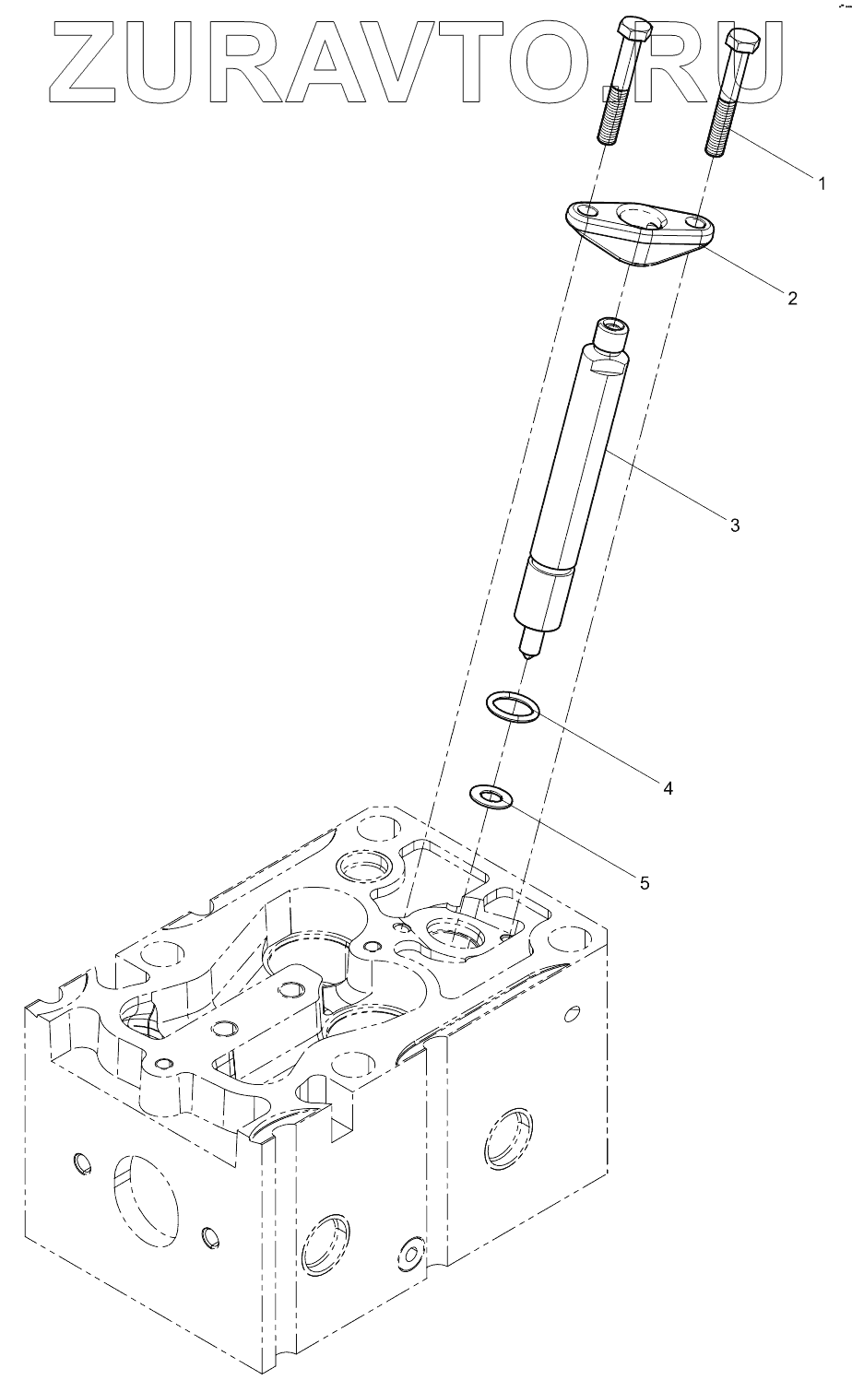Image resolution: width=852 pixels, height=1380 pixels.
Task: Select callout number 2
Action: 791,298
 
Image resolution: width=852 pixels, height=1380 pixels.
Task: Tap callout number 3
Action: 735,525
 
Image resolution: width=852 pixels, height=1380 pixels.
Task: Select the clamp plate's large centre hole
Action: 637,218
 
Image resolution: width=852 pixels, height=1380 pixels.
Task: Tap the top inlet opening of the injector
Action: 609,325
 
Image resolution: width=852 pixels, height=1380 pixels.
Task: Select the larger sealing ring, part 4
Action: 513,707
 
